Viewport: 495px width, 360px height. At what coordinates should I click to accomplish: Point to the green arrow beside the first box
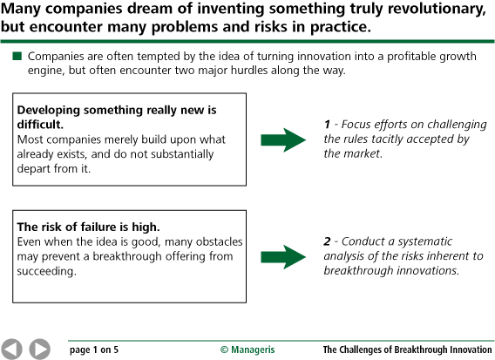point(284,138)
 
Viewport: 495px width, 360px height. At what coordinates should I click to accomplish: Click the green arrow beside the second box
point(284,255)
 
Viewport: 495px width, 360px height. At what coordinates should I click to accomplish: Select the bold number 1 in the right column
point(327,124)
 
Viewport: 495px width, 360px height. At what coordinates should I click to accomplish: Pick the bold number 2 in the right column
point(327,241)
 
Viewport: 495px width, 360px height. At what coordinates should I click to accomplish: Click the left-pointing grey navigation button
point(12,348)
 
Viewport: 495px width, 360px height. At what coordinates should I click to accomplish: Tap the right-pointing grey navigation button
point(39,348)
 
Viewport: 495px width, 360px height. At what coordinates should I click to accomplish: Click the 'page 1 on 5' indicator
point(93,350)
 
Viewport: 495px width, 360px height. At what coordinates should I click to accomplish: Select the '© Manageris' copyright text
point(247,350)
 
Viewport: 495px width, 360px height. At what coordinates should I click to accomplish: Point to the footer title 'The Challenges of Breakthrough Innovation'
point(407,350)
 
